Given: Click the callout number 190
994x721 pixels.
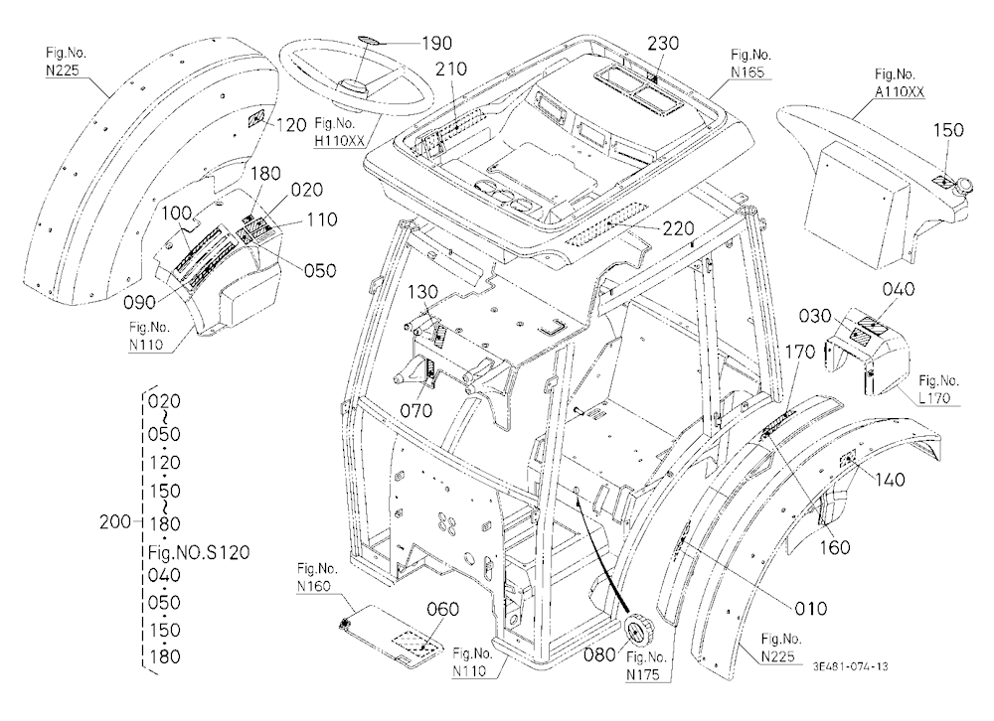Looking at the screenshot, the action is click(437, 43).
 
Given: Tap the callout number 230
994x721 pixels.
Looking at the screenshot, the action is click(663, 43).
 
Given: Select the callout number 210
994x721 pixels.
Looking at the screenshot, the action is click(450, 70).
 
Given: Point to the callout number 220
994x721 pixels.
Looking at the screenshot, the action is click(678, 228).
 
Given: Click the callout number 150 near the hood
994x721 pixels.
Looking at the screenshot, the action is click(948, 130).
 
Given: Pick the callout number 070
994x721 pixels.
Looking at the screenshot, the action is click(415, 410).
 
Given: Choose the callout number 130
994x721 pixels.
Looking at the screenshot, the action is click(422, 292).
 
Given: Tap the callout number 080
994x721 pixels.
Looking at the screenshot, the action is click(600, 653).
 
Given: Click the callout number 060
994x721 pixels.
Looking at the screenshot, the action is click(442, 610).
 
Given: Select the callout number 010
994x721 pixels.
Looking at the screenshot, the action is click(811, 609).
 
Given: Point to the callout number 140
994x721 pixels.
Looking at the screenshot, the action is click(890, 481).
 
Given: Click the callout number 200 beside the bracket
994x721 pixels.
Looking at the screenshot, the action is click(115, 522).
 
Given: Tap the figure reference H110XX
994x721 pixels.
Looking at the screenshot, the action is click(340, 141).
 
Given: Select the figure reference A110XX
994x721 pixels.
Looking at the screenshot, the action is click(900, 92).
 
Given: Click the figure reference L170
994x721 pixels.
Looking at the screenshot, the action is click(934, 398).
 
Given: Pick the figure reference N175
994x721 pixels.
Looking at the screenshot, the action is click(643, 675).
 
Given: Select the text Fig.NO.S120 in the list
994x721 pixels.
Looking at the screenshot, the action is click(199, 552).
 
